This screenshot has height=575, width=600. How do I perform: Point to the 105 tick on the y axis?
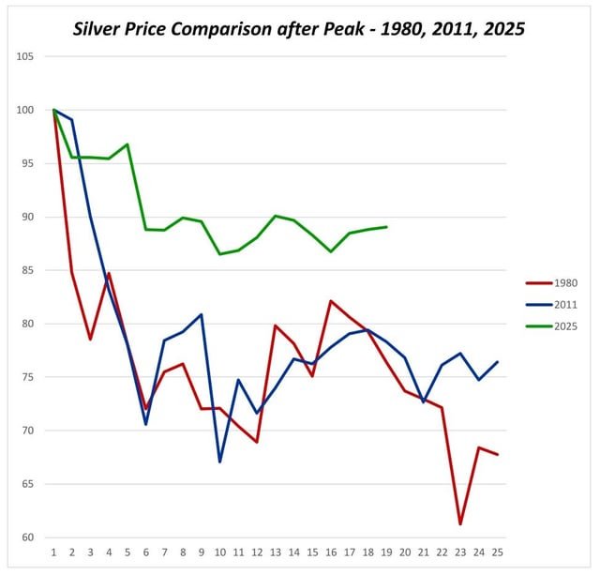click(x=25, y=56)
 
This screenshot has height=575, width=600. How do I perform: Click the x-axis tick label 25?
click(x=497, y=554)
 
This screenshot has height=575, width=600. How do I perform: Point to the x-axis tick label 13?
click(x=276, y=554)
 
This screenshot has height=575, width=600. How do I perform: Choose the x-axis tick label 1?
click(x=54, y=554)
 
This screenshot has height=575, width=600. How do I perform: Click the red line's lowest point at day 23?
click(x=460, y=524)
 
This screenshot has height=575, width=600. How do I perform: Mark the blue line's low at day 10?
click(x=220, y=462)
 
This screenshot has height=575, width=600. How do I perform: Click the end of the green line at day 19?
click(x=386, y=227)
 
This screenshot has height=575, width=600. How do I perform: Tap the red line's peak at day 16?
click(x=331, y=301)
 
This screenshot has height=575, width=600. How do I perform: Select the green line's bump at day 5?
click(x=127, y=144)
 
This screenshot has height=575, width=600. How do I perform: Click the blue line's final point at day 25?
click(x=497, y=362)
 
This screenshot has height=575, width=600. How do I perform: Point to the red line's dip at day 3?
click(x=91, y=339)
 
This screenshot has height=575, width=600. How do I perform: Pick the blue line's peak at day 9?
click(x=202, y=314)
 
